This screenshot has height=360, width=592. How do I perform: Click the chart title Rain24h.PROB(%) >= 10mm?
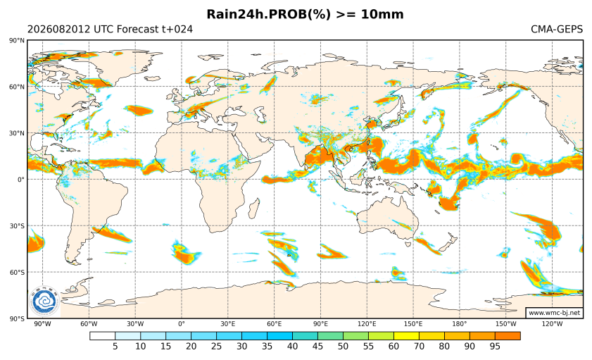pos(305,14)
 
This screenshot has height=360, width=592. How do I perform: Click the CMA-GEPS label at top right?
pos(557,29)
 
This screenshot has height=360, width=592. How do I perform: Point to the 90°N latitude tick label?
pos(18,40)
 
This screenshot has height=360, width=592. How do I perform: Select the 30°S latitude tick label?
pos(18,226)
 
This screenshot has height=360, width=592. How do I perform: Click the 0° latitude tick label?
pos(21,180)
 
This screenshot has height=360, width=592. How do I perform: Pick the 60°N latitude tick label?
pos(18,87)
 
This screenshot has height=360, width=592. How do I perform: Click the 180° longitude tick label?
pos(460,324)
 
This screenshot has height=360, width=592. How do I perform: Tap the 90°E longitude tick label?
pos(320,324)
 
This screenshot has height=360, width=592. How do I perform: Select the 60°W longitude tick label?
pos(89,324)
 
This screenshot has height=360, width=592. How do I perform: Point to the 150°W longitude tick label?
pos(506,324)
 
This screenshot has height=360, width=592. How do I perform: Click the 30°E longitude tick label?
pos(228,324)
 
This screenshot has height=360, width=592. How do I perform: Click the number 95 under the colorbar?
pos(495,347)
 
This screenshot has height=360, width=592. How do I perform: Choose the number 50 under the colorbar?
pos(344,347)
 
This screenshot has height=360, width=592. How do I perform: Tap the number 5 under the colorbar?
pos(115,347)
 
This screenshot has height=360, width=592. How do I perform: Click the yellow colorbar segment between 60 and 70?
pos(406,336)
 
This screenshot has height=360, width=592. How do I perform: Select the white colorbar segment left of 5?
pos(102,336)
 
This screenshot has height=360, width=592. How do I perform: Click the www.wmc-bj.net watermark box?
pos(554,313)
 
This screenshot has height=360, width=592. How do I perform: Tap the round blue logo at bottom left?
pos(44,302)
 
